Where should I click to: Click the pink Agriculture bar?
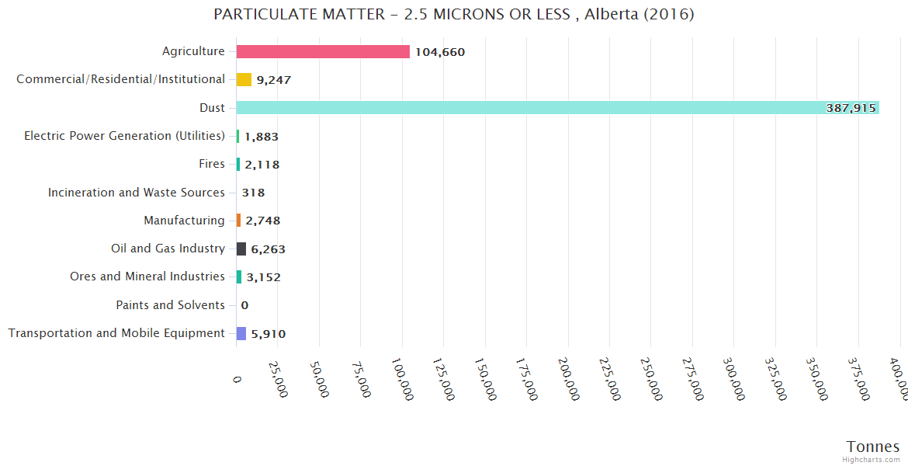pyautogui.click(x=323, y=51)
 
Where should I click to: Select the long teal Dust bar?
pyautogui.click(x=557, y=108)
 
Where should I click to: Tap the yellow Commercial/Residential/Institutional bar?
pyautogui.click(x=244, y=79)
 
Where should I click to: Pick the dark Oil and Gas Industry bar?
pyautogui.click(x=241, y=249)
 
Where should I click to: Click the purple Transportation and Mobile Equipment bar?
pyautogui.click(x=241, y=333)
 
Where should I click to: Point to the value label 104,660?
pyautogui.click(x=440, y=52)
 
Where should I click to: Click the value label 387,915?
pyautogui.click(x=851, y=109)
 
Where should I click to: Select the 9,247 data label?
pyautogui.click(x=274, y=80)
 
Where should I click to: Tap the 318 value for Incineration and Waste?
pyautogui.click(x=253, y=193)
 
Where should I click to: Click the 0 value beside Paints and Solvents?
pyautogui.click(x=244, y=305)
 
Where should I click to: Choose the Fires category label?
pyautogui.click(x=212, y=164)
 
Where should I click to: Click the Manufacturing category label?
pyautogui.click(x=184, y=221)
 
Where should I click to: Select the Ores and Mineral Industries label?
pyautogui.click(x=147, y=276)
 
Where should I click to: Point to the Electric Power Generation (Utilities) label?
pyautogui.click(x=124, y=136)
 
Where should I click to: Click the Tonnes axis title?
pyautogui.click(x=873, y=447)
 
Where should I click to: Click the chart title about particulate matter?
pyautogui.click(x=454, y=14)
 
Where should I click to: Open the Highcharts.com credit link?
pyautogui.click(x=872, y=460)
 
